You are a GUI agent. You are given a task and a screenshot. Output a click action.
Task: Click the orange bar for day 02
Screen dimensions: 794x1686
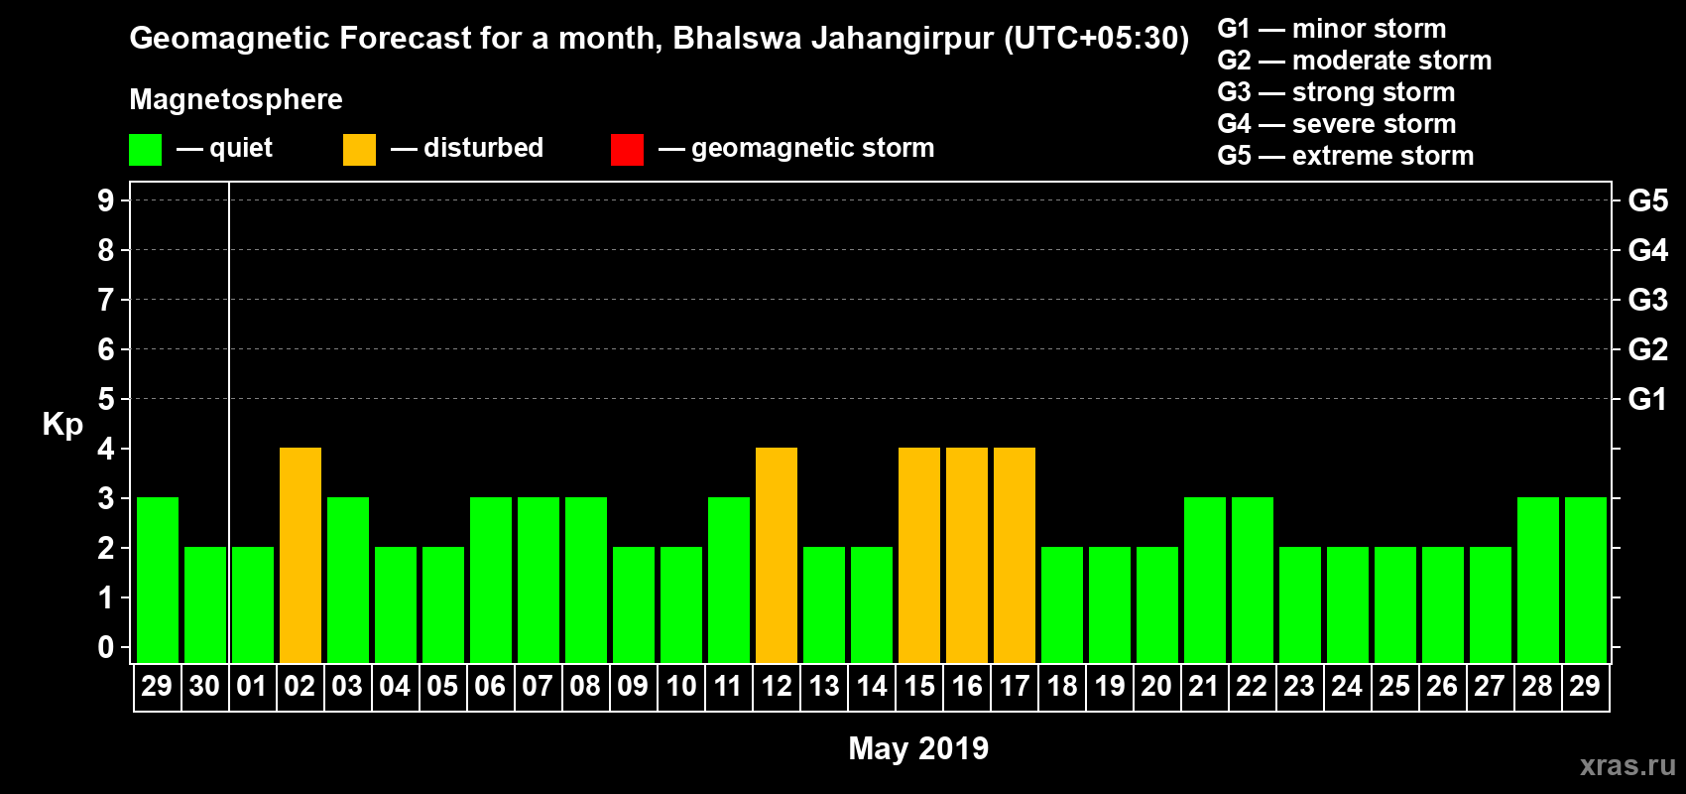301,556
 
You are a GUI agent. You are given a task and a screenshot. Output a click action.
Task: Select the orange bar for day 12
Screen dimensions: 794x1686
777,556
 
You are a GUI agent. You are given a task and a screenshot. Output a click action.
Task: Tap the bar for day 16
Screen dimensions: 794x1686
967,556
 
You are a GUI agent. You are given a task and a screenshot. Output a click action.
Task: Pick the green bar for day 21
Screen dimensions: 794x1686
1205,581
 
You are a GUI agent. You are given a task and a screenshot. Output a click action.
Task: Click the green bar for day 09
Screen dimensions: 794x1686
634,605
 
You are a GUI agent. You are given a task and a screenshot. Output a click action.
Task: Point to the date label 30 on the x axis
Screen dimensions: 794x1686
204,686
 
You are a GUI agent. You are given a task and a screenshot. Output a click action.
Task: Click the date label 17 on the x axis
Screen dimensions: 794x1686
1015,686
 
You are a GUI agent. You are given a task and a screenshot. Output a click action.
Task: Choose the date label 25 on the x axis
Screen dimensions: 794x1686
1394,686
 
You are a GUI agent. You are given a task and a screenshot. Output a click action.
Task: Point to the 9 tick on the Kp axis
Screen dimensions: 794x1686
106,200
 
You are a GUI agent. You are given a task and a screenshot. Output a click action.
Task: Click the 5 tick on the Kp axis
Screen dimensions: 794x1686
106,399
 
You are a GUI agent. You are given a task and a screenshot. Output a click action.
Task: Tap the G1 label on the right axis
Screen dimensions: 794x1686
1647,399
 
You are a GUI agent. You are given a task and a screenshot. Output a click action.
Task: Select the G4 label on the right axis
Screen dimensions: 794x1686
1647,250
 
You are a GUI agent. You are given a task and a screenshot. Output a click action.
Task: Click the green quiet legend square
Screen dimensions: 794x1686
146,150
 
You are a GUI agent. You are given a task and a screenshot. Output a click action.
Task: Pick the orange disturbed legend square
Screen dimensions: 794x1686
360,150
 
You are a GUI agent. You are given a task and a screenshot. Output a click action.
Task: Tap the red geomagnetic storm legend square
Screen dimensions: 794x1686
628,150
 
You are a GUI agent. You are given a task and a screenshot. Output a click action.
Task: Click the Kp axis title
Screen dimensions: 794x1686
62,424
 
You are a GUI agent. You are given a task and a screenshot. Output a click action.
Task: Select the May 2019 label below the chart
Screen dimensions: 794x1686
918,748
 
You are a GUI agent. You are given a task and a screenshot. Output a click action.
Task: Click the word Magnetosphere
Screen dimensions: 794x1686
236,99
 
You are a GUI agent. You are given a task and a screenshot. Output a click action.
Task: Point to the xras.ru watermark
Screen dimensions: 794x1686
1627,765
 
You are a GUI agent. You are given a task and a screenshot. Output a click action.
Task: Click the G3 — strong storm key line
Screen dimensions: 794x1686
1336,92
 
